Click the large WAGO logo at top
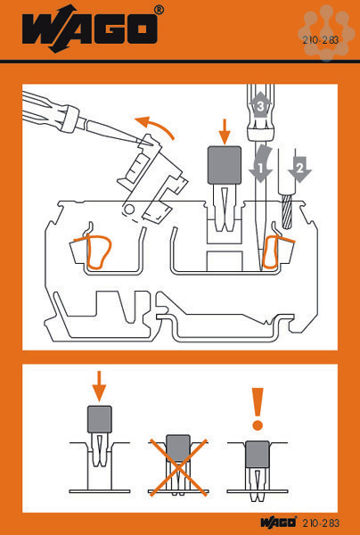90,29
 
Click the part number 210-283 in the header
320,40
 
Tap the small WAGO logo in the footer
279,523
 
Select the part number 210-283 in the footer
321,523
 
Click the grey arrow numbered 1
261,164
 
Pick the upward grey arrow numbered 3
260,103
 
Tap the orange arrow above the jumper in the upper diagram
225,131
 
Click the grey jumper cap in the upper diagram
225,165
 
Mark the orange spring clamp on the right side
275,251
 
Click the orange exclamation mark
258,408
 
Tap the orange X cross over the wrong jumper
178,466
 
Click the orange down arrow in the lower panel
99,386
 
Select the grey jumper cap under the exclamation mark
258,454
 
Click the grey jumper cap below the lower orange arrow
100,419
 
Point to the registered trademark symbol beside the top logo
159,10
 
